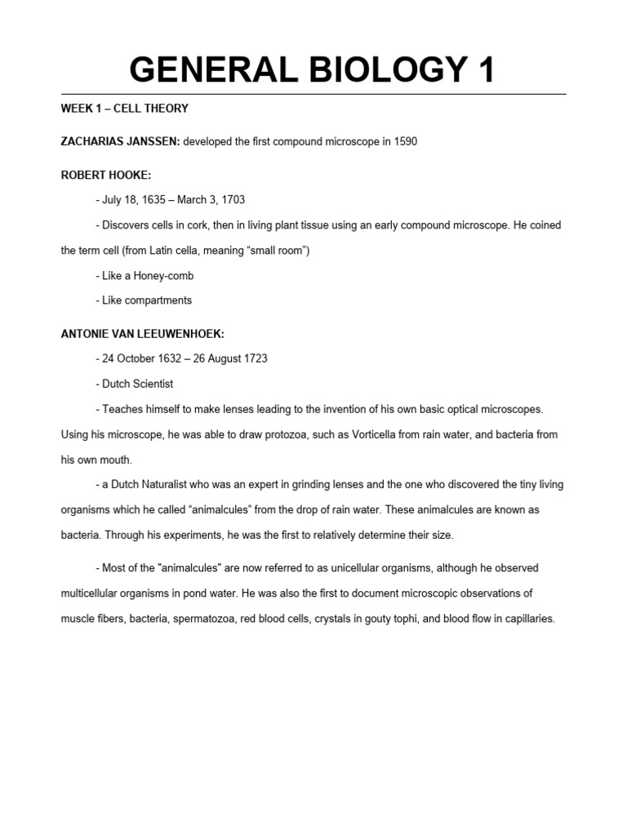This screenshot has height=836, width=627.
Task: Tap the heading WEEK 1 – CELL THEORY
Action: [x=125, y=108]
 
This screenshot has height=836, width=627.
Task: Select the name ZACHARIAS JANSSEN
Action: [x=120, y=141]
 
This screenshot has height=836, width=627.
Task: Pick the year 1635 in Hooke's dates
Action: [x=153, y=200]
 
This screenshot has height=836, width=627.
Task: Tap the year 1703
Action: [x=231, y=200]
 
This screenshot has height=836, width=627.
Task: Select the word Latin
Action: [x=138, y=251]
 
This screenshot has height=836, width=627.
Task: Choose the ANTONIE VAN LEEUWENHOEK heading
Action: [x=140, y=334]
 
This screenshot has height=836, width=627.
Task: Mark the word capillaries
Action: [x=526, y=619]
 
